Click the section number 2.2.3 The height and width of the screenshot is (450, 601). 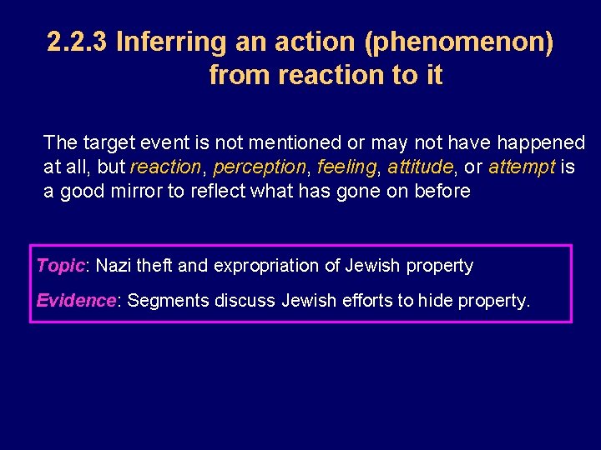coord(78,42)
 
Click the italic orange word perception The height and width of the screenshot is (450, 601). coord(259,167)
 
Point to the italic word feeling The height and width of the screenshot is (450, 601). coord(346,167)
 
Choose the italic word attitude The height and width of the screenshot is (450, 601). coord(420,167)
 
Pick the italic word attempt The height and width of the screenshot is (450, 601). coord(522,167)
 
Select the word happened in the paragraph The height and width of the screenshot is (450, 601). coord(542,143)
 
